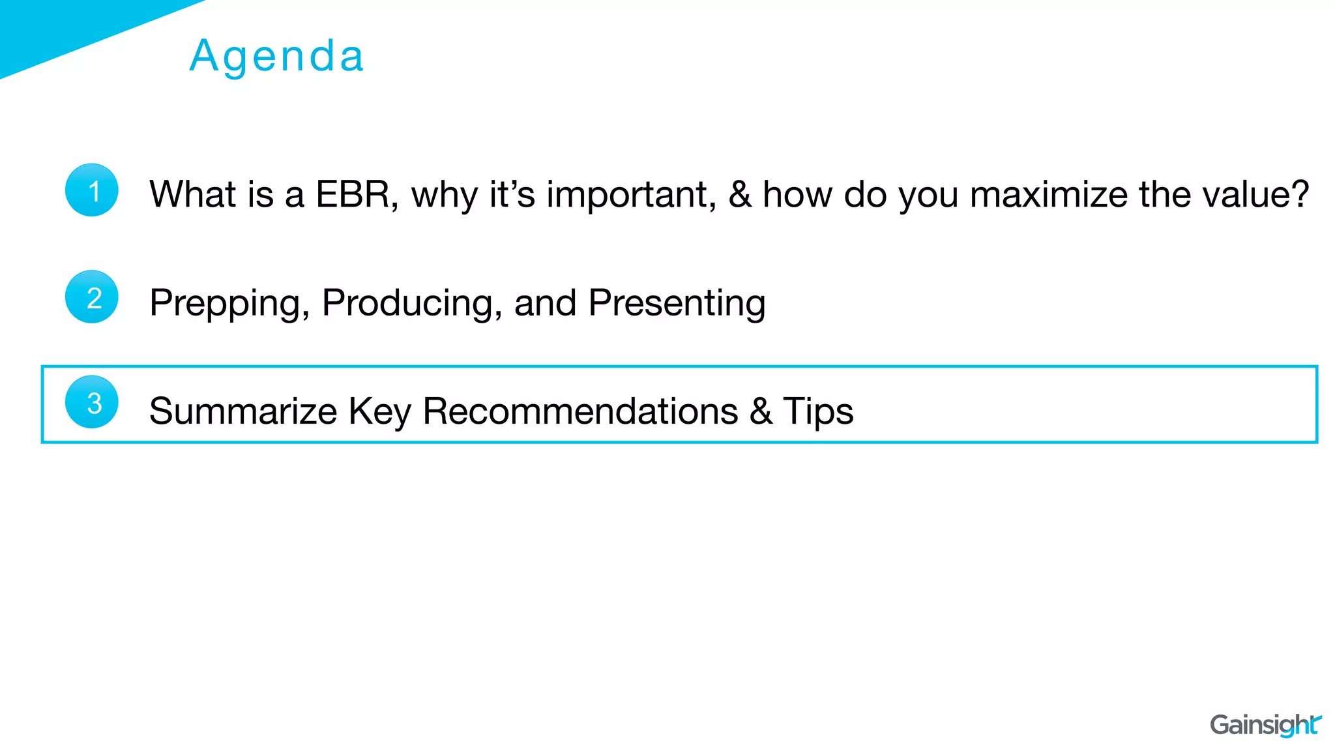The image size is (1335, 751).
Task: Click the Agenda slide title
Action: [277, 56]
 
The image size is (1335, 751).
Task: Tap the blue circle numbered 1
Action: [92, 190]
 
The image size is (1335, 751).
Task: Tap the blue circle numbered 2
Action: [92, 297]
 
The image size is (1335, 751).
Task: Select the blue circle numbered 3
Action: [92, 402]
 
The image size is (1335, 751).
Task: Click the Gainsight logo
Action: [1265, 725]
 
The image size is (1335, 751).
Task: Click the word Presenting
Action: [677, 303]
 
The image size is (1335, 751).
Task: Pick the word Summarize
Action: [242, 411]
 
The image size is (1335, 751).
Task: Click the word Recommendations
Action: [579, 411]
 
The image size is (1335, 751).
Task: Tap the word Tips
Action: [817, 411]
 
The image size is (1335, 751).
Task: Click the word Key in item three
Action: [379, 411]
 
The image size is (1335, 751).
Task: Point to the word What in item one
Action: [192, 194]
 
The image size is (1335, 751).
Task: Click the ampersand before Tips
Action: [761, 411]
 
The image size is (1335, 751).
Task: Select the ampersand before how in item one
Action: [739, 194]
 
